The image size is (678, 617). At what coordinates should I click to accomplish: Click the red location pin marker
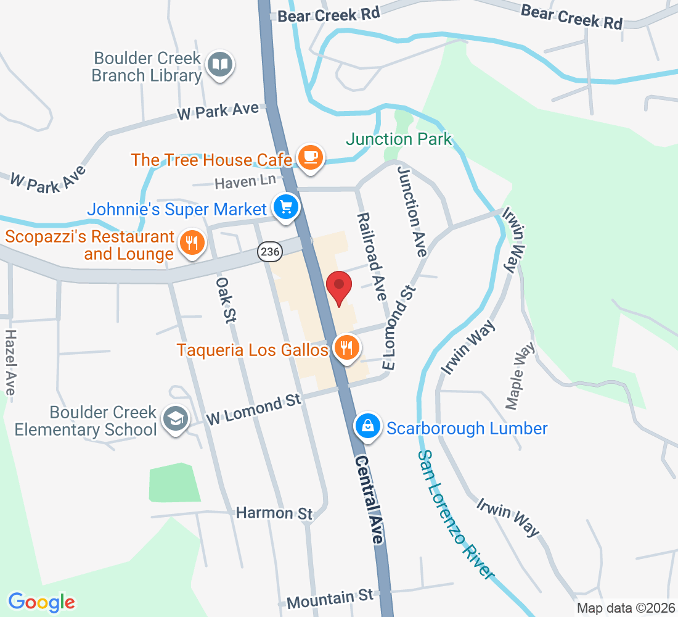tap(338, 288)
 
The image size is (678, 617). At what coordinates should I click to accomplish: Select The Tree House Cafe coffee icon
tap(310, 157)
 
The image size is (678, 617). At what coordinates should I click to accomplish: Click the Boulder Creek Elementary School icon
tap(175, 420)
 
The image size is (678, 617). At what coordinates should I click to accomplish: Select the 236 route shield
tap(269, 251)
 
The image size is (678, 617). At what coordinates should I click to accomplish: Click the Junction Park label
tap(399, 139)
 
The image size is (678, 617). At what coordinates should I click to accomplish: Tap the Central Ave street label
tap(369, 500)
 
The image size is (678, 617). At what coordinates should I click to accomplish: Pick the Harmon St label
tap(274, 513)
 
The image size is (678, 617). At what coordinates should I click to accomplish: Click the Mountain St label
tap(330, 597)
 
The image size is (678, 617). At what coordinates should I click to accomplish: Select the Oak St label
tap(226, 299)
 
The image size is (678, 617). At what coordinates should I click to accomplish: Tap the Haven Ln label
tap(245, 182)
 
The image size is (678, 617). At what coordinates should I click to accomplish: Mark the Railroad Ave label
tap(371, 256)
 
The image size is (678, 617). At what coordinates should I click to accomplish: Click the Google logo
tap(41, 602)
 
